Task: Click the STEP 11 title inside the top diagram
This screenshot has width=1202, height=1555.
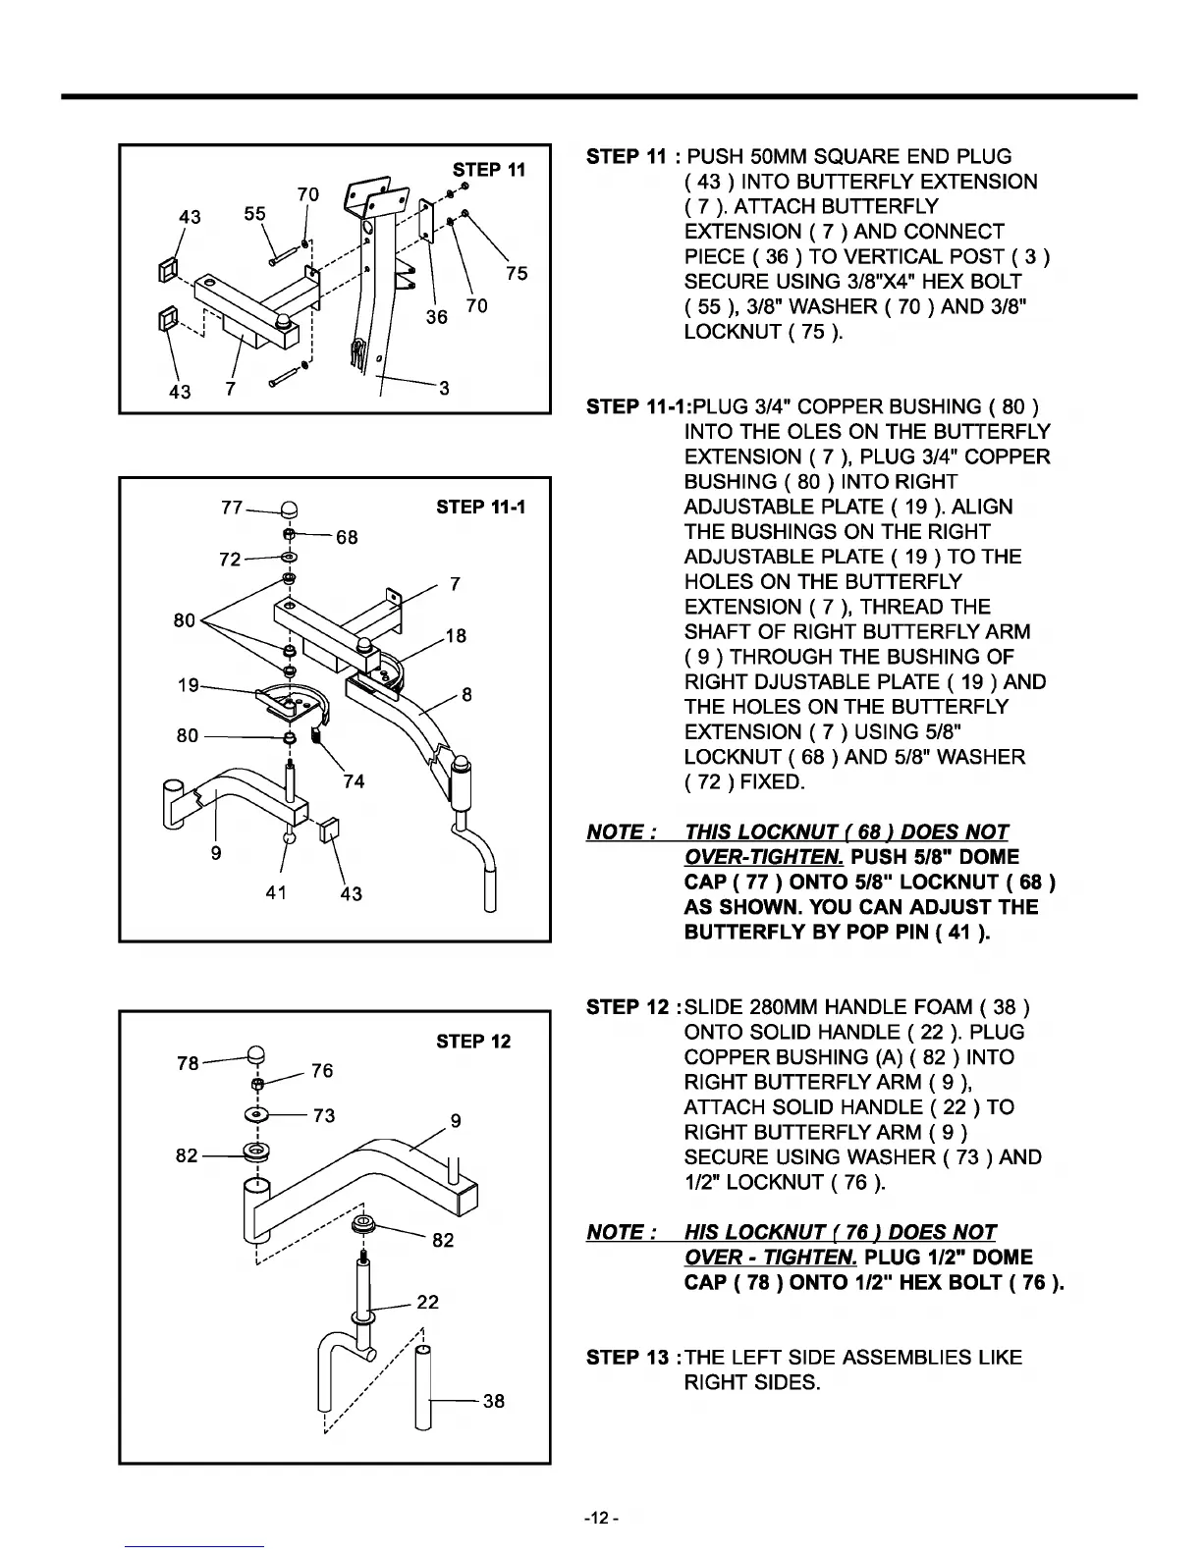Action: (488, 169)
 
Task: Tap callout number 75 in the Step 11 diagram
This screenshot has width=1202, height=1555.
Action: (517, 273)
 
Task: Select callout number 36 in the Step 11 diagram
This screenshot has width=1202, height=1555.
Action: (437, 316)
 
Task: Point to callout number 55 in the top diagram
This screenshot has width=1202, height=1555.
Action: (255, 213)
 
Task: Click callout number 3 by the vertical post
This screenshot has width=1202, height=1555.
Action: (444, 388)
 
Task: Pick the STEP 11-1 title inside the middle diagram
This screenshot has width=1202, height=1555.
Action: (480, 507)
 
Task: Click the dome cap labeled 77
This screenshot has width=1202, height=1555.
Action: (291, 509)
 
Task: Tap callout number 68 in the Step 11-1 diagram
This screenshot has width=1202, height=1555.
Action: (347, 537)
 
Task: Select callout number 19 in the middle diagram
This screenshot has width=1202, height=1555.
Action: (189, 685)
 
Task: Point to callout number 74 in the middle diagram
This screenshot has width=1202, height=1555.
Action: (354, 780)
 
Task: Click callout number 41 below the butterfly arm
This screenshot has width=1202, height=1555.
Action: (276, 892)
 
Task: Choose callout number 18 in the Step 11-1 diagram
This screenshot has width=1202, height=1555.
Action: (455, 636)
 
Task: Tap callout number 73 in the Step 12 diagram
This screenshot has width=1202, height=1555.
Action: (323, 1115)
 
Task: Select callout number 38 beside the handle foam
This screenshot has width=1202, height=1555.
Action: (494, 1401)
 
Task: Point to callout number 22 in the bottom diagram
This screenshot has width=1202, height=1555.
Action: (427, 1302)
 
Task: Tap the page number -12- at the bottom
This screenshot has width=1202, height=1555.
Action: (600, 1519)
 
